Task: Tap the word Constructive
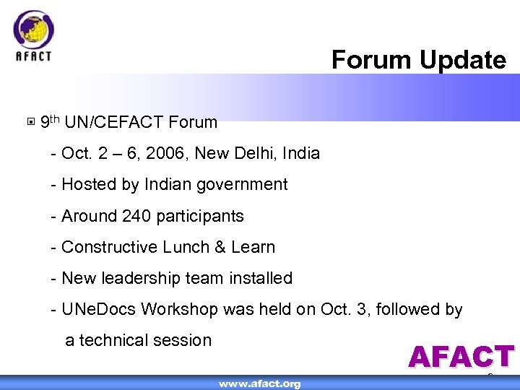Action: [109, 247]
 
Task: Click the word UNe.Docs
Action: [99, 309]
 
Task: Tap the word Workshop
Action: [179, 309]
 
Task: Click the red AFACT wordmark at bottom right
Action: [461, 357]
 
